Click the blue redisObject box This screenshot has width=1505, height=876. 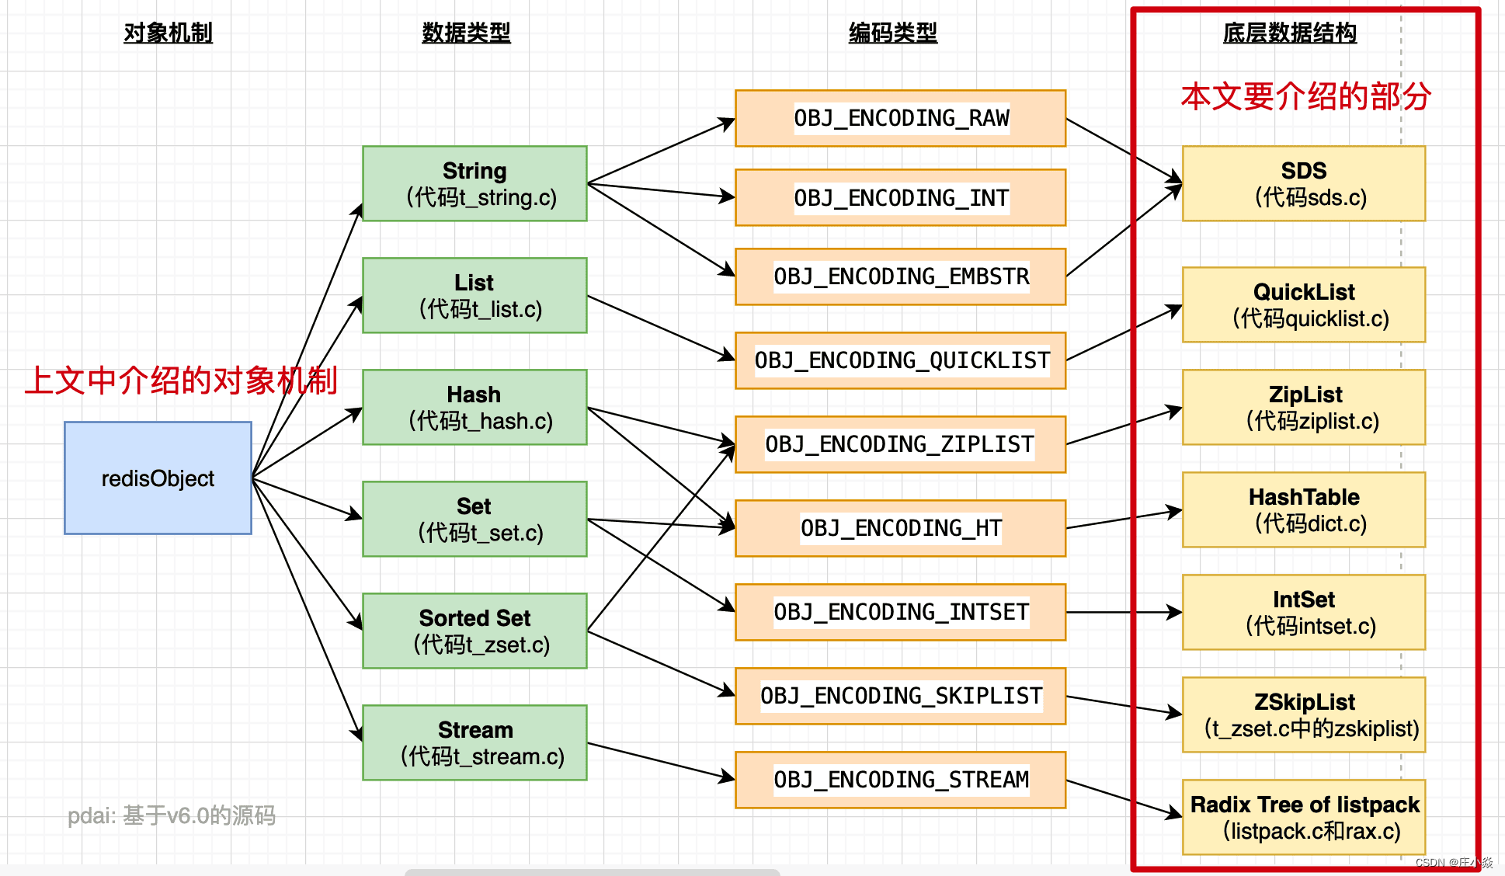[158, 478]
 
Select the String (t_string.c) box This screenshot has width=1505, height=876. [474, 183]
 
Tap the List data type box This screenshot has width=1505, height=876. [474, 295]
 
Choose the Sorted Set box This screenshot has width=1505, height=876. [474, 631]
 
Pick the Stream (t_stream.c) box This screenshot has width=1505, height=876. [474, 742]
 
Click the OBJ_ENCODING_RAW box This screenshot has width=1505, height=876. [900, 118]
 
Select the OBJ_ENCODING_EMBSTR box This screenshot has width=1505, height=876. [900, 276]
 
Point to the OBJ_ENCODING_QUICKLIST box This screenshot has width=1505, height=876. [900, 360]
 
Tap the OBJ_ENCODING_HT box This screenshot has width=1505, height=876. [900, 528]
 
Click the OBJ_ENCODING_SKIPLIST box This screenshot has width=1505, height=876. [900, 696]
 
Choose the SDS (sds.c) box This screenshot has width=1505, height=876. [1304, 183]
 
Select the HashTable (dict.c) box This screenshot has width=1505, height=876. [1304, 509]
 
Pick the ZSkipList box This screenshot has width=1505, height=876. [1304, 714]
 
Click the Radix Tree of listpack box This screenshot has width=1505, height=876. [1304, 817]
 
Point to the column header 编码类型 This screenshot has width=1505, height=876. [893, 33]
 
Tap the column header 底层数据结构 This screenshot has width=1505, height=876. [1289, 33]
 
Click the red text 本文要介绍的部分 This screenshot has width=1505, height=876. [1305, 96]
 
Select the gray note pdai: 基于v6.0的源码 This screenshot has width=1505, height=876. [172, 815]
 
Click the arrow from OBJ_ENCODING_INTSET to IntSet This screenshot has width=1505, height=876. [1122, 612]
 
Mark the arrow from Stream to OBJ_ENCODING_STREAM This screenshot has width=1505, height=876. [660, 761]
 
